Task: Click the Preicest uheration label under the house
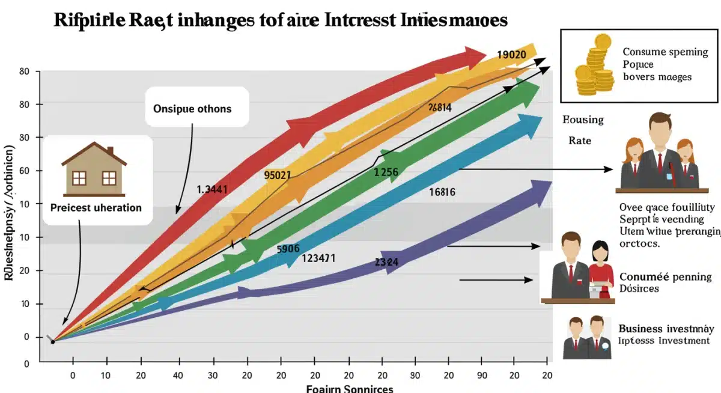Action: click(x=96, y=207)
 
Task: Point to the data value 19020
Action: click(x=512, y=55)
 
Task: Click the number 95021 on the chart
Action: click(x=278, y=175)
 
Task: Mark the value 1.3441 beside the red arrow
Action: click(x=212, y=189)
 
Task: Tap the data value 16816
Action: click(x=442, y=192)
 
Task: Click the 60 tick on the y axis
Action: click(x=25, y=171)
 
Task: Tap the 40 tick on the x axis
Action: click(x=177, y=376)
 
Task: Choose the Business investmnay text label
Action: click(x=666, y=329)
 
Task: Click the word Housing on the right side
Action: click(x=583, y=120)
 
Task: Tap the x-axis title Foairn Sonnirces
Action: click(x=350, y=388)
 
